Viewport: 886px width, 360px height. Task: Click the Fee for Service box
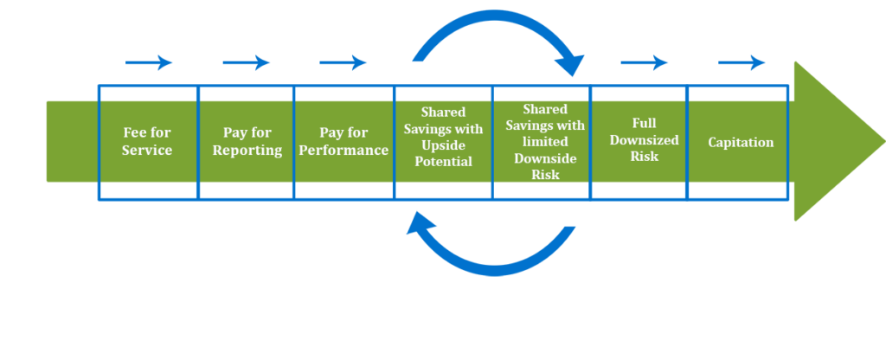click(148, 141)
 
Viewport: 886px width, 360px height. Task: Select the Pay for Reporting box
click(247, 141)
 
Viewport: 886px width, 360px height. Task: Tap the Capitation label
click(741, 142)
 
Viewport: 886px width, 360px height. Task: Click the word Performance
click(343, 150)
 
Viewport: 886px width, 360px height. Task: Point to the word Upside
click(444, 145)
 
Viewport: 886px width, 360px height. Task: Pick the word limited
click(542, 142)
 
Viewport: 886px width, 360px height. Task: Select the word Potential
click(444, 161)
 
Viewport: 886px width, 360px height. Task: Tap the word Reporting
click(247, 150)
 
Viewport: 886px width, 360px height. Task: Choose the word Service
click(147, 150)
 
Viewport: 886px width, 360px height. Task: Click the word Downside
click(542, 158)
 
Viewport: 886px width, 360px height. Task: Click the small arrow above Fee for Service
click(149, 62)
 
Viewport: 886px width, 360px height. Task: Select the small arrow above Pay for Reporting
click(247, 62)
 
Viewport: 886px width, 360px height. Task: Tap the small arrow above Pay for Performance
click(343, 62)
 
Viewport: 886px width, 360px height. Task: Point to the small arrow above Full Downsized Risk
click(645, 62)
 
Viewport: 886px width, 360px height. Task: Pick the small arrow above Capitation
click(742, 62)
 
